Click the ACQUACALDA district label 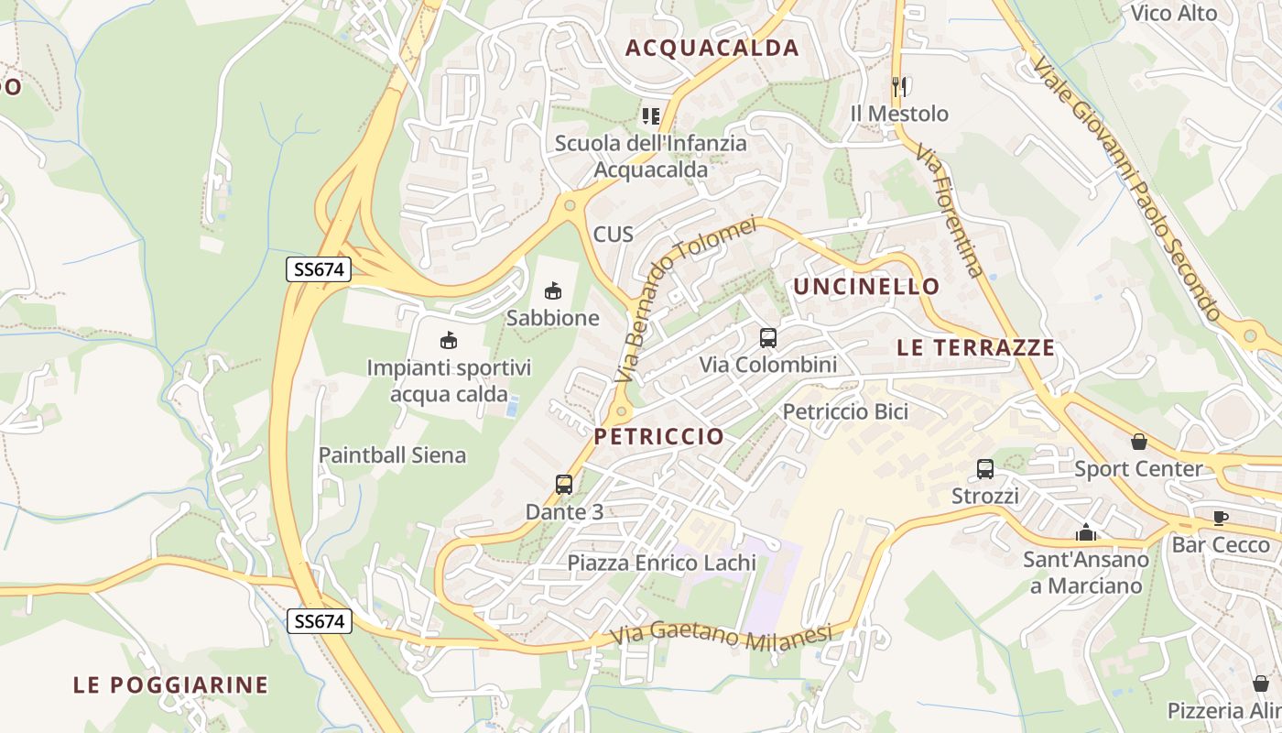[712, 49]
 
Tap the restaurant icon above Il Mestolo [899, 87]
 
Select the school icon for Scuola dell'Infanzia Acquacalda [651, 116]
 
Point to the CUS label [614, 234]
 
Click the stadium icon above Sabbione [553, 291]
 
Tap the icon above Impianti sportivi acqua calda [449, 341]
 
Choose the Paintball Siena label [392, 454]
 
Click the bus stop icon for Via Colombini [768, 338]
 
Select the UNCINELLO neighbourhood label [866, 287]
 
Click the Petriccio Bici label [845, 411]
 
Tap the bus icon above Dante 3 [564, 485]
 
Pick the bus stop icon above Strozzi [985, 469]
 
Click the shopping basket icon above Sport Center [1139, 442]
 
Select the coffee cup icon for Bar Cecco [1221, 518]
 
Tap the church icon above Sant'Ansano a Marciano [1086, 532]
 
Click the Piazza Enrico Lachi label [662, 563]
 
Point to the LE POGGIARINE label [170, 684]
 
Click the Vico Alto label [1174, 13]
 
